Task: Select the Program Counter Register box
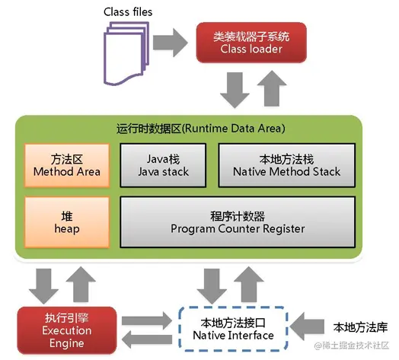[238, 221]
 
